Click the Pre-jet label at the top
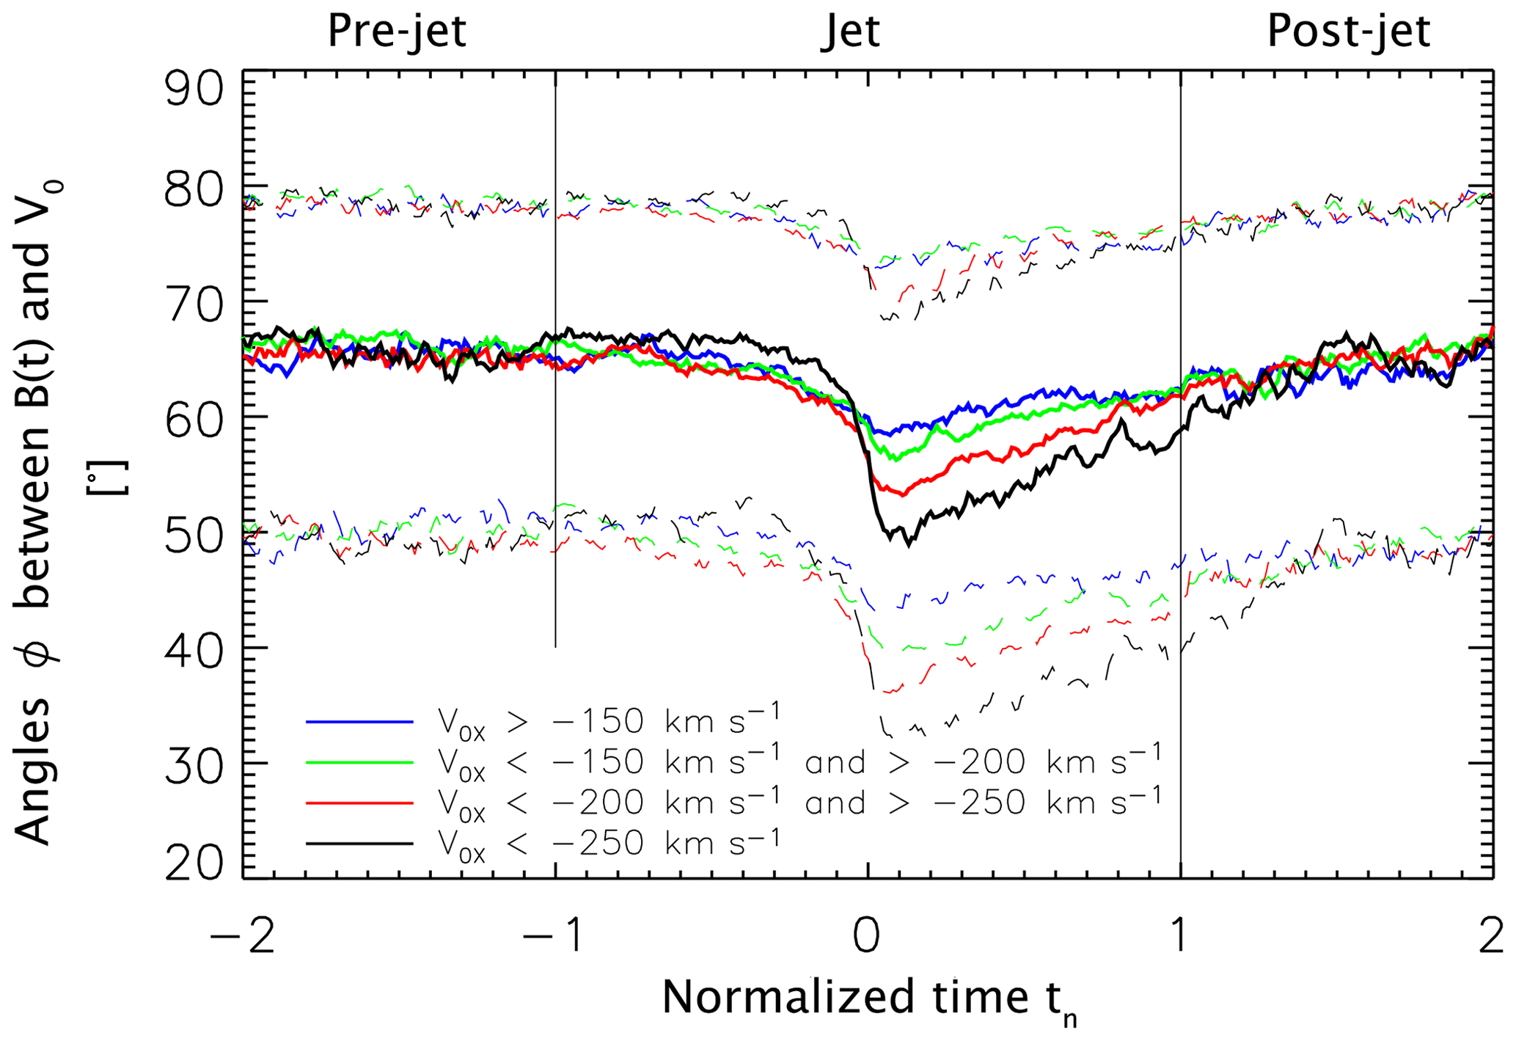[x=396, y=32]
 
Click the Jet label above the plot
[x=849, y=32]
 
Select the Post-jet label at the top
[x=1348, y=32]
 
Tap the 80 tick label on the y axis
[x=193, y=192]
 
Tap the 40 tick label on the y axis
[x=193, y=649]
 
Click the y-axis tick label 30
[x=193, y=764]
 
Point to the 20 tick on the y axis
[x=193, y=863]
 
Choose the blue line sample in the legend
[x=359, y=723]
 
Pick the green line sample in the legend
[x=359, y=763]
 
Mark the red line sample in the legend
[x=359, y=803]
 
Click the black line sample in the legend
[x=359, y=844]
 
